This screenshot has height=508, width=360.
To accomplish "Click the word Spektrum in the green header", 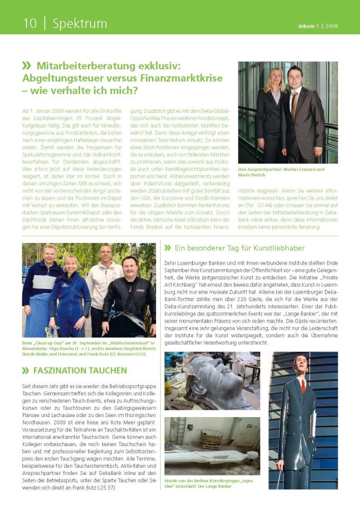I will click(x=80, y=23).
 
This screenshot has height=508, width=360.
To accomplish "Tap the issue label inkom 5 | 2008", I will click(x=318, y=26).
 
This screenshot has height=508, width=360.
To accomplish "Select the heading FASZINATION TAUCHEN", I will click(x=82, y=370).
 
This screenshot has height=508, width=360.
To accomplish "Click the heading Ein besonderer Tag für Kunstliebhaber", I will click(x=239, y=248).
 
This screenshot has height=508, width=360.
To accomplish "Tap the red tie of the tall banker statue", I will click(x=303, y=386).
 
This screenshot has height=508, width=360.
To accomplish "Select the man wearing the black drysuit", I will click(x=129, y=300).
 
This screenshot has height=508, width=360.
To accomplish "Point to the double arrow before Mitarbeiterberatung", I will click(x=26, y=66).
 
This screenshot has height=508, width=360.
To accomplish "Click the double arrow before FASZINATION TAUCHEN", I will click(x=26, y=370).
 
